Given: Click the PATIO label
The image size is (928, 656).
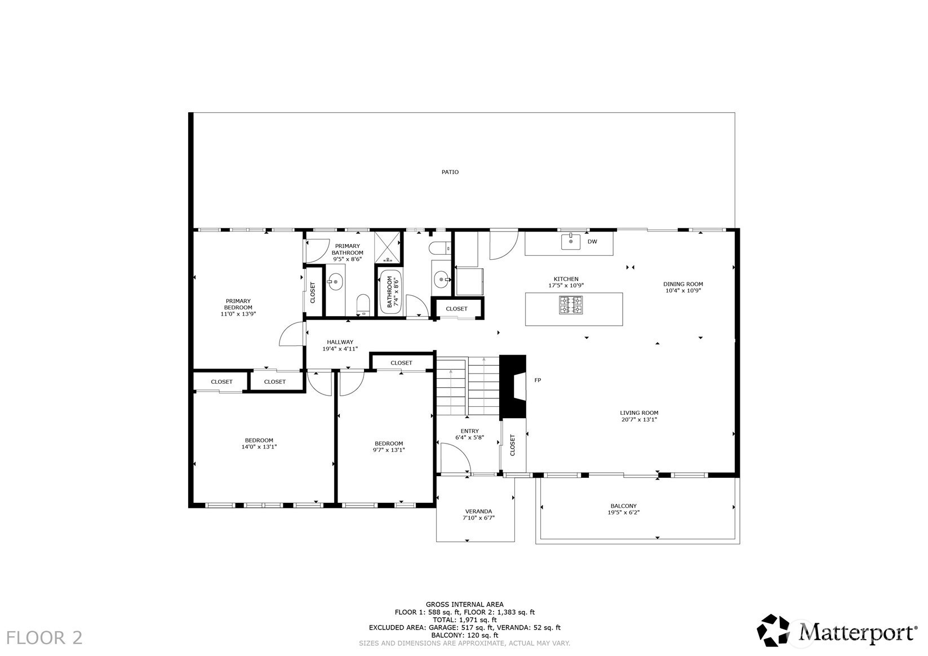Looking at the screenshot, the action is tap(450, 172).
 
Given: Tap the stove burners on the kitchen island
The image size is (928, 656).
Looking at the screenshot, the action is tap(571, 304).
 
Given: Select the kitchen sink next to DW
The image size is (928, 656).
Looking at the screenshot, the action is tap(571, 241).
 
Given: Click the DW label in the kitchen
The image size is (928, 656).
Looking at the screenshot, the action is tap(592, 242).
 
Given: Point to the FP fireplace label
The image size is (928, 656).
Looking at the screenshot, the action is tap(538, 380).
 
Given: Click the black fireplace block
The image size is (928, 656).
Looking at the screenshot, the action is tap(513, 386).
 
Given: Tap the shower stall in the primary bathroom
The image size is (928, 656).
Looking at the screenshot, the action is tap(388, 247).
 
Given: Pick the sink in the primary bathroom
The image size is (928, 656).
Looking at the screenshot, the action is tap(335, 282).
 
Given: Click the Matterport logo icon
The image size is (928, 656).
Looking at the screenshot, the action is tap(773, 630).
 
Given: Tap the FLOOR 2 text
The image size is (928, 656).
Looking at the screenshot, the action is tap(45, 638).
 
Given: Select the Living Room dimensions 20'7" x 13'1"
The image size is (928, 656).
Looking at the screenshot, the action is tap(639, 419).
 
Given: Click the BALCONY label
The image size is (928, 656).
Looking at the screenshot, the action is tap(624, 506).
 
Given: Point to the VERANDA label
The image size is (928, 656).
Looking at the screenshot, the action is tap(478, 511).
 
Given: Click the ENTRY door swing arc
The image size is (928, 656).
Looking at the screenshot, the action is tap(461, 451).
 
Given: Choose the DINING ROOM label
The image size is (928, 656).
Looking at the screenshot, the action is tap(683, 284).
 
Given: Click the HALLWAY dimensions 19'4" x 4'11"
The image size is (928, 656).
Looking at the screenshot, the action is tap(340, 349).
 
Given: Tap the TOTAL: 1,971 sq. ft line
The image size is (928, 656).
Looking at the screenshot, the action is tap(464, 620).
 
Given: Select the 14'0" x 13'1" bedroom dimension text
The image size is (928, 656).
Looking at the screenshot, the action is tap(259, 447).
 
